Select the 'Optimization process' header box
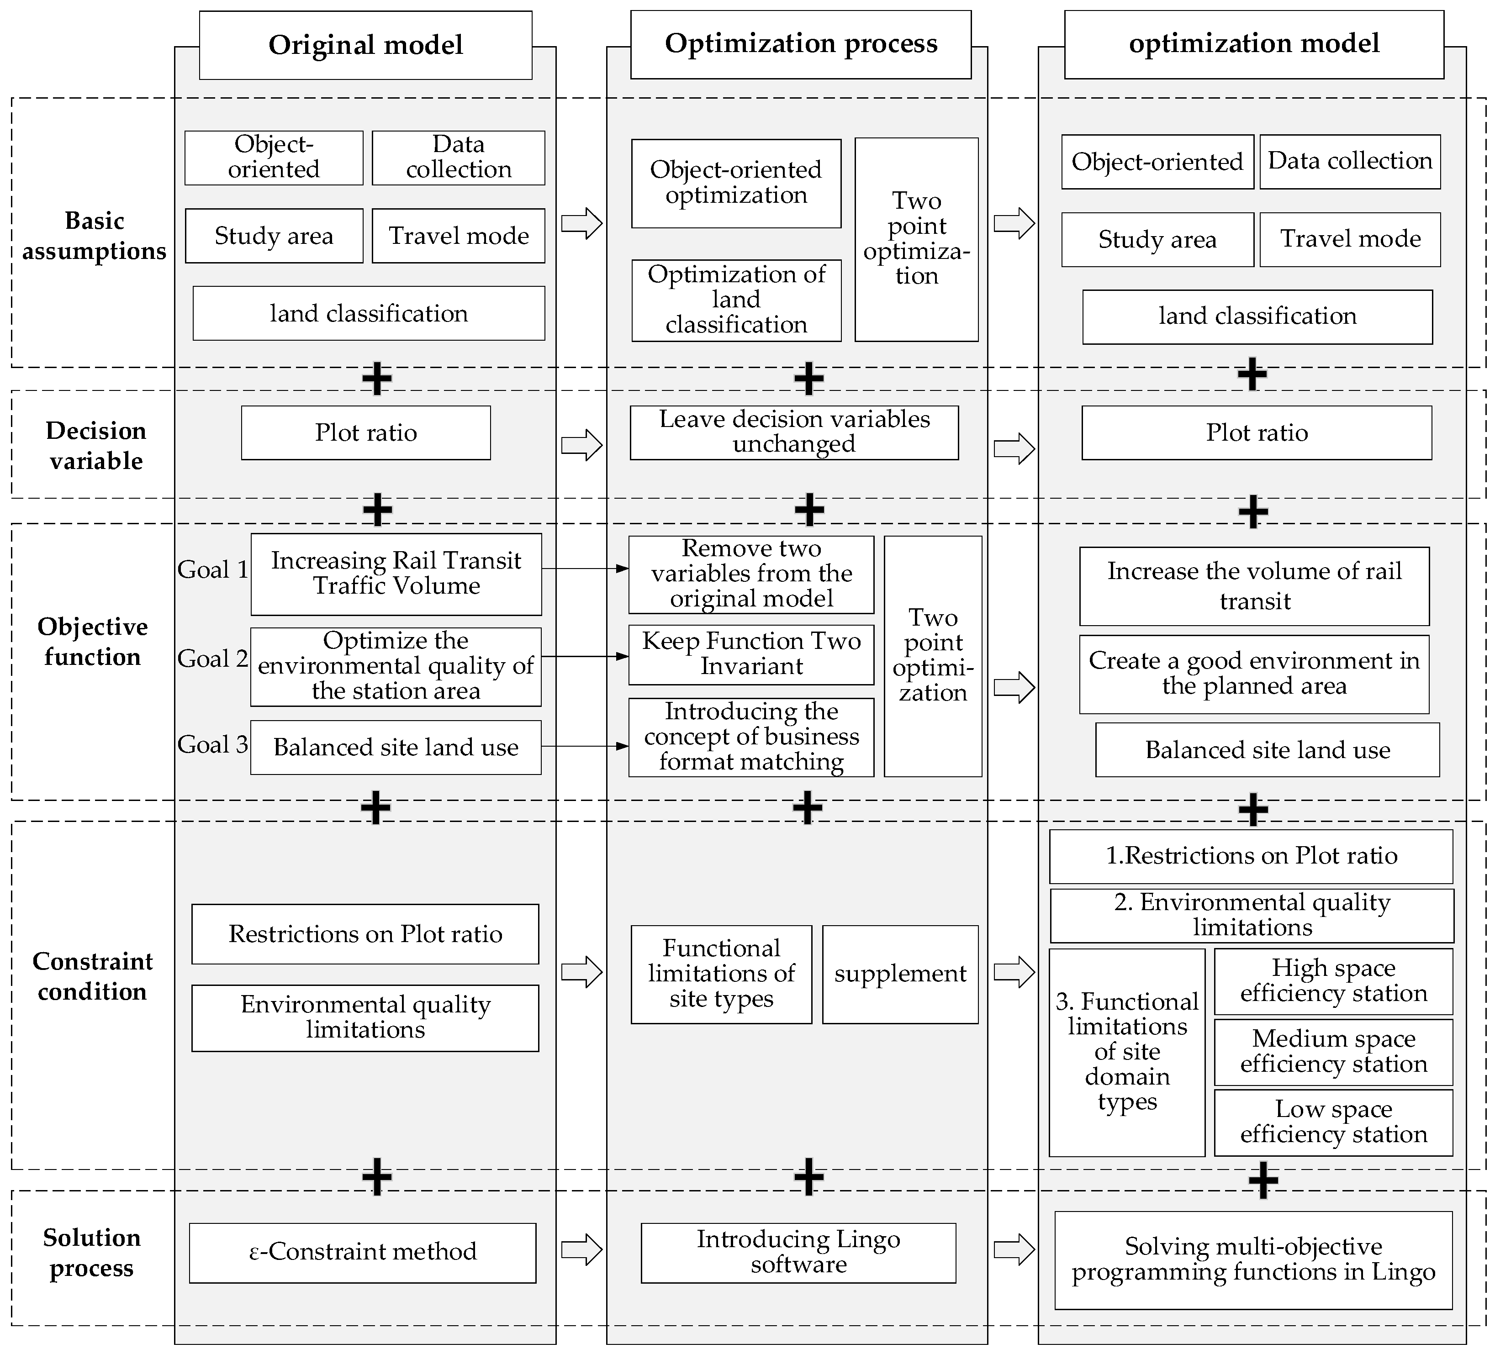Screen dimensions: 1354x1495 (800, 44)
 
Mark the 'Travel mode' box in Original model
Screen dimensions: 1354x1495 (458, 236)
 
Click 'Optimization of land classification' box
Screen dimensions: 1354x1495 (736, 300)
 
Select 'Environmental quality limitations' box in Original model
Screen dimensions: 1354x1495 (365, 1017)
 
